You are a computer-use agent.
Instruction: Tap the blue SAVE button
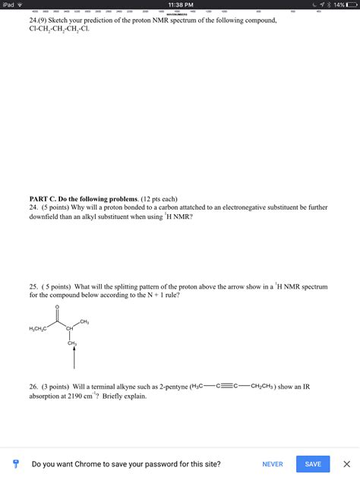(313, 463)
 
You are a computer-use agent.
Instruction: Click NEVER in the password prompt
(273, 463)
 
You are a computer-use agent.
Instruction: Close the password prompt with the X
(347, 463)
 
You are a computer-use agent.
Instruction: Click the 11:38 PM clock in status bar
(180, 5)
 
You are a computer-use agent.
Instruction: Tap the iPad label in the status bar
(9, 5)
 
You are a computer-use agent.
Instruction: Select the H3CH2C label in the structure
(38, 328)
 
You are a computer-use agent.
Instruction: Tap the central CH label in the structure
(69, 328)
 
